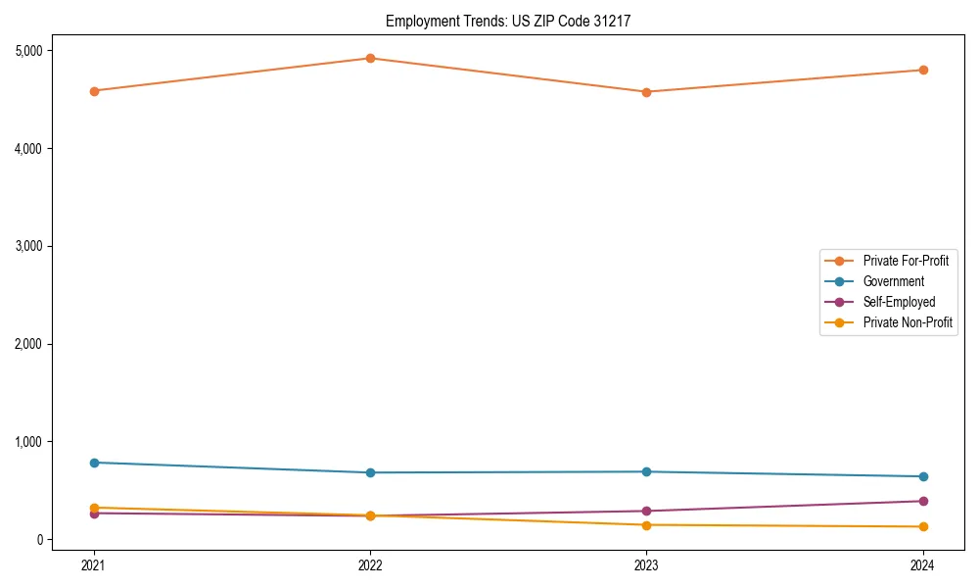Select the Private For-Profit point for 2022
click(x=370, y=58)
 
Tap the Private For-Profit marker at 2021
click(x=94, y=91)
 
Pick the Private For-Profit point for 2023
click(x=646, y=92)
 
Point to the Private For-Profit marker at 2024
click(x=922, y=70)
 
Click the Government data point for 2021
click(x=94, y=463)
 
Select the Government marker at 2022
click(x=370, y=472)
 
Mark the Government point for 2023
click(x=646, y=471)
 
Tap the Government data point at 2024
click(x=922, y=476)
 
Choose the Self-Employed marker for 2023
click(x=646, y=511)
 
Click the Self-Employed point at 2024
click(x=922, y=501)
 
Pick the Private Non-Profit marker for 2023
click(x=646, y=525)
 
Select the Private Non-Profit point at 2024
click(x=922, y=527)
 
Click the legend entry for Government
click(x=893, y=281)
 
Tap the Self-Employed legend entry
click(x=899, y=302)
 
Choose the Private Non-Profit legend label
click(x=908, y=322)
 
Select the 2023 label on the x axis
click(x=646, y=564)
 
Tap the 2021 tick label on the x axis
click(x=94, y=564)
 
